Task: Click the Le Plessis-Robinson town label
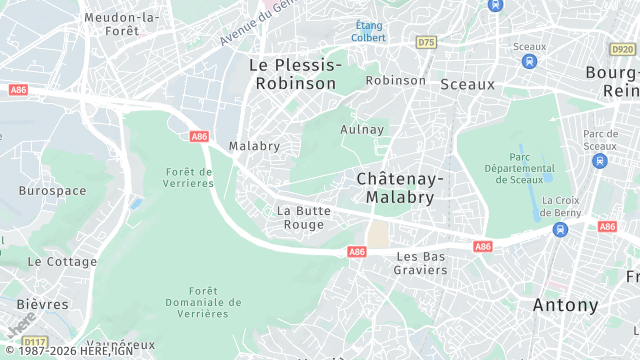(x=295, y=74)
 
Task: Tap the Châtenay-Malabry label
(x=400, y=187)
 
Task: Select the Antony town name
(x=565, y=305)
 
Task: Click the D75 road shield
(x=427, y=42)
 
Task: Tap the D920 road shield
(x=622, y=49)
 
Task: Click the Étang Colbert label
(x=367, y=31)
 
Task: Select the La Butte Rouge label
(x=301, y=217)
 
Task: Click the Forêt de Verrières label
(x=189, y=177)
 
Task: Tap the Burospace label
(x=52, y=189)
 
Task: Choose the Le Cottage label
(x=62, y=261)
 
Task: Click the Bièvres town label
(x=43, y=304)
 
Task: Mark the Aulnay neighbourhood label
(x=362, y=129)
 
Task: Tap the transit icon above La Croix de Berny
(x=561, y=229)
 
